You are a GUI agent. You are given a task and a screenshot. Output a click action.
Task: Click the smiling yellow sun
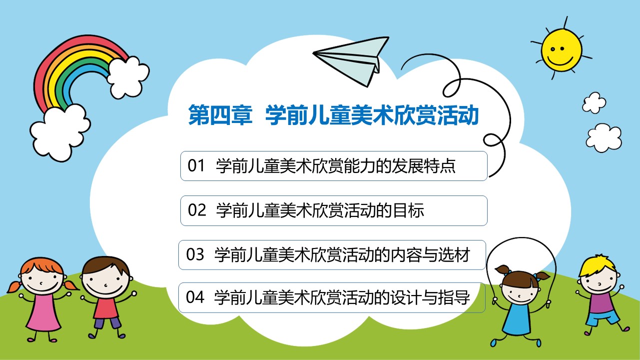click(561, 50)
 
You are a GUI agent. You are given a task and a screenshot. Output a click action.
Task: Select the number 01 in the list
click(196, 165)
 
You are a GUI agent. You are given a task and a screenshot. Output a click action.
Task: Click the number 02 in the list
click(196, 210)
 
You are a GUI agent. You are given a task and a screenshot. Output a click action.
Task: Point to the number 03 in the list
click(195, 254)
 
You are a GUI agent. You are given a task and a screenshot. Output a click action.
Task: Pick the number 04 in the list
click(195, 297)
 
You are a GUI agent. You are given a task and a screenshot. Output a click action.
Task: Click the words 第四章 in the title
click(220, 115)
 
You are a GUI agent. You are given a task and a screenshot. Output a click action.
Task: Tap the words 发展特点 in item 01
click(423, 166)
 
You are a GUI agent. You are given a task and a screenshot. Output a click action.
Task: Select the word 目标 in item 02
click(409, 210)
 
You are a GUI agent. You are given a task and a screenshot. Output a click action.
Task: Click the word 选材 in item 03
click(454, 255)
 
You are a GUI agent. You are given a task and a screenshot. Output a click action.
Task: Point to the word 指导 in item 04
click(454, 297)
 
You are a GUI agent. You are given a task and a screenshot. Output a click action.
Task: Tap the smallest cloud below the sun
click(595, 102)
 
